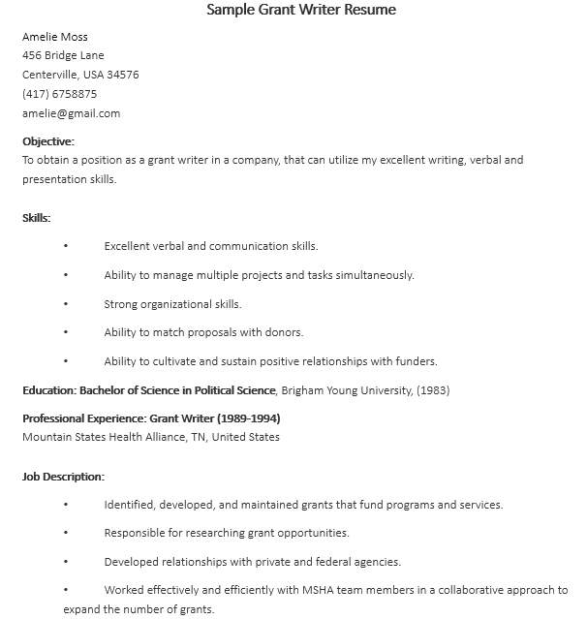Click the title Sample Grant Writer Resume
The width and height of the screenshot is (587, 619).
pos(301,11)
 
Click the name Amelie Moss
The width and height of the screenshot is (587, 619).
pos(55,37)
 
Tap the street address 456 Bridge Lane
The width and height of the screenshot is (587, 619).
pos(63,55)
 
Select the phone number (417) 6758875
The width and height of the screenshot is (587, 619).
pos(59,94)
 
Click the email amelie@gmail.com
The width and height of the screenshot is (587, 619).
pos(71,113)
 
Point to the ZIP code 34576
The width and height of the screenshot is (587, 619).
pos(123,75)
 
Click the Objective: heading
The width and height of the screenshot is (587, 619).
pos(48,141)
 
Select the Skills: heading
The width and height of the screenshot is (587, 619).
pos(37,218)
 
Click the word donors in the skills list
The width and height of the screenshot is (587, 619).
pos(285,332)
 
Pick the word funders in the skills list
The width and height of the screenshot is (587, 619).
pos(415,361)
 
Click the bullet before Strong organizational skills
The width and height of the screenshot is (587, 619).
pos(66,304)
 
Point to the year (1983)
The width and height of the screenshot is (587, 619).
pos(433,390)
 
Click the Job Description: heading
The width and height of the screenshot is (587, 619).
pos(63,477)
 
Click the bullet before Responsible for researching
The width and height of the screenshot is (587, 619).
pos(66,533)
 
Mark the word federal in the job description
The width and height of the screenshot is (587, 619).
pos(331,562)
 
